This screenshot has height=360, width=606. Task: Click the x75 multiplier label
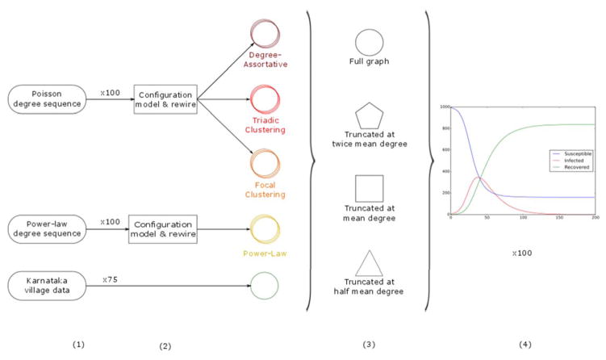point(111,278)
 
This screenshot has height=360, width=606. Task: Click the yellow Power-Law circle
point(264,228)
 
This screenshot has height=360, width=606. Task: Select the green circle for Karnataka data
point(264,284)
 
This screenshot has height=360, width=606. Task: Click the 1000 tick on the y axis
point(443,107)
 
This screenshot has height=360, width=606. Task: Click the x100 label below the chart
point(521,253)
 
